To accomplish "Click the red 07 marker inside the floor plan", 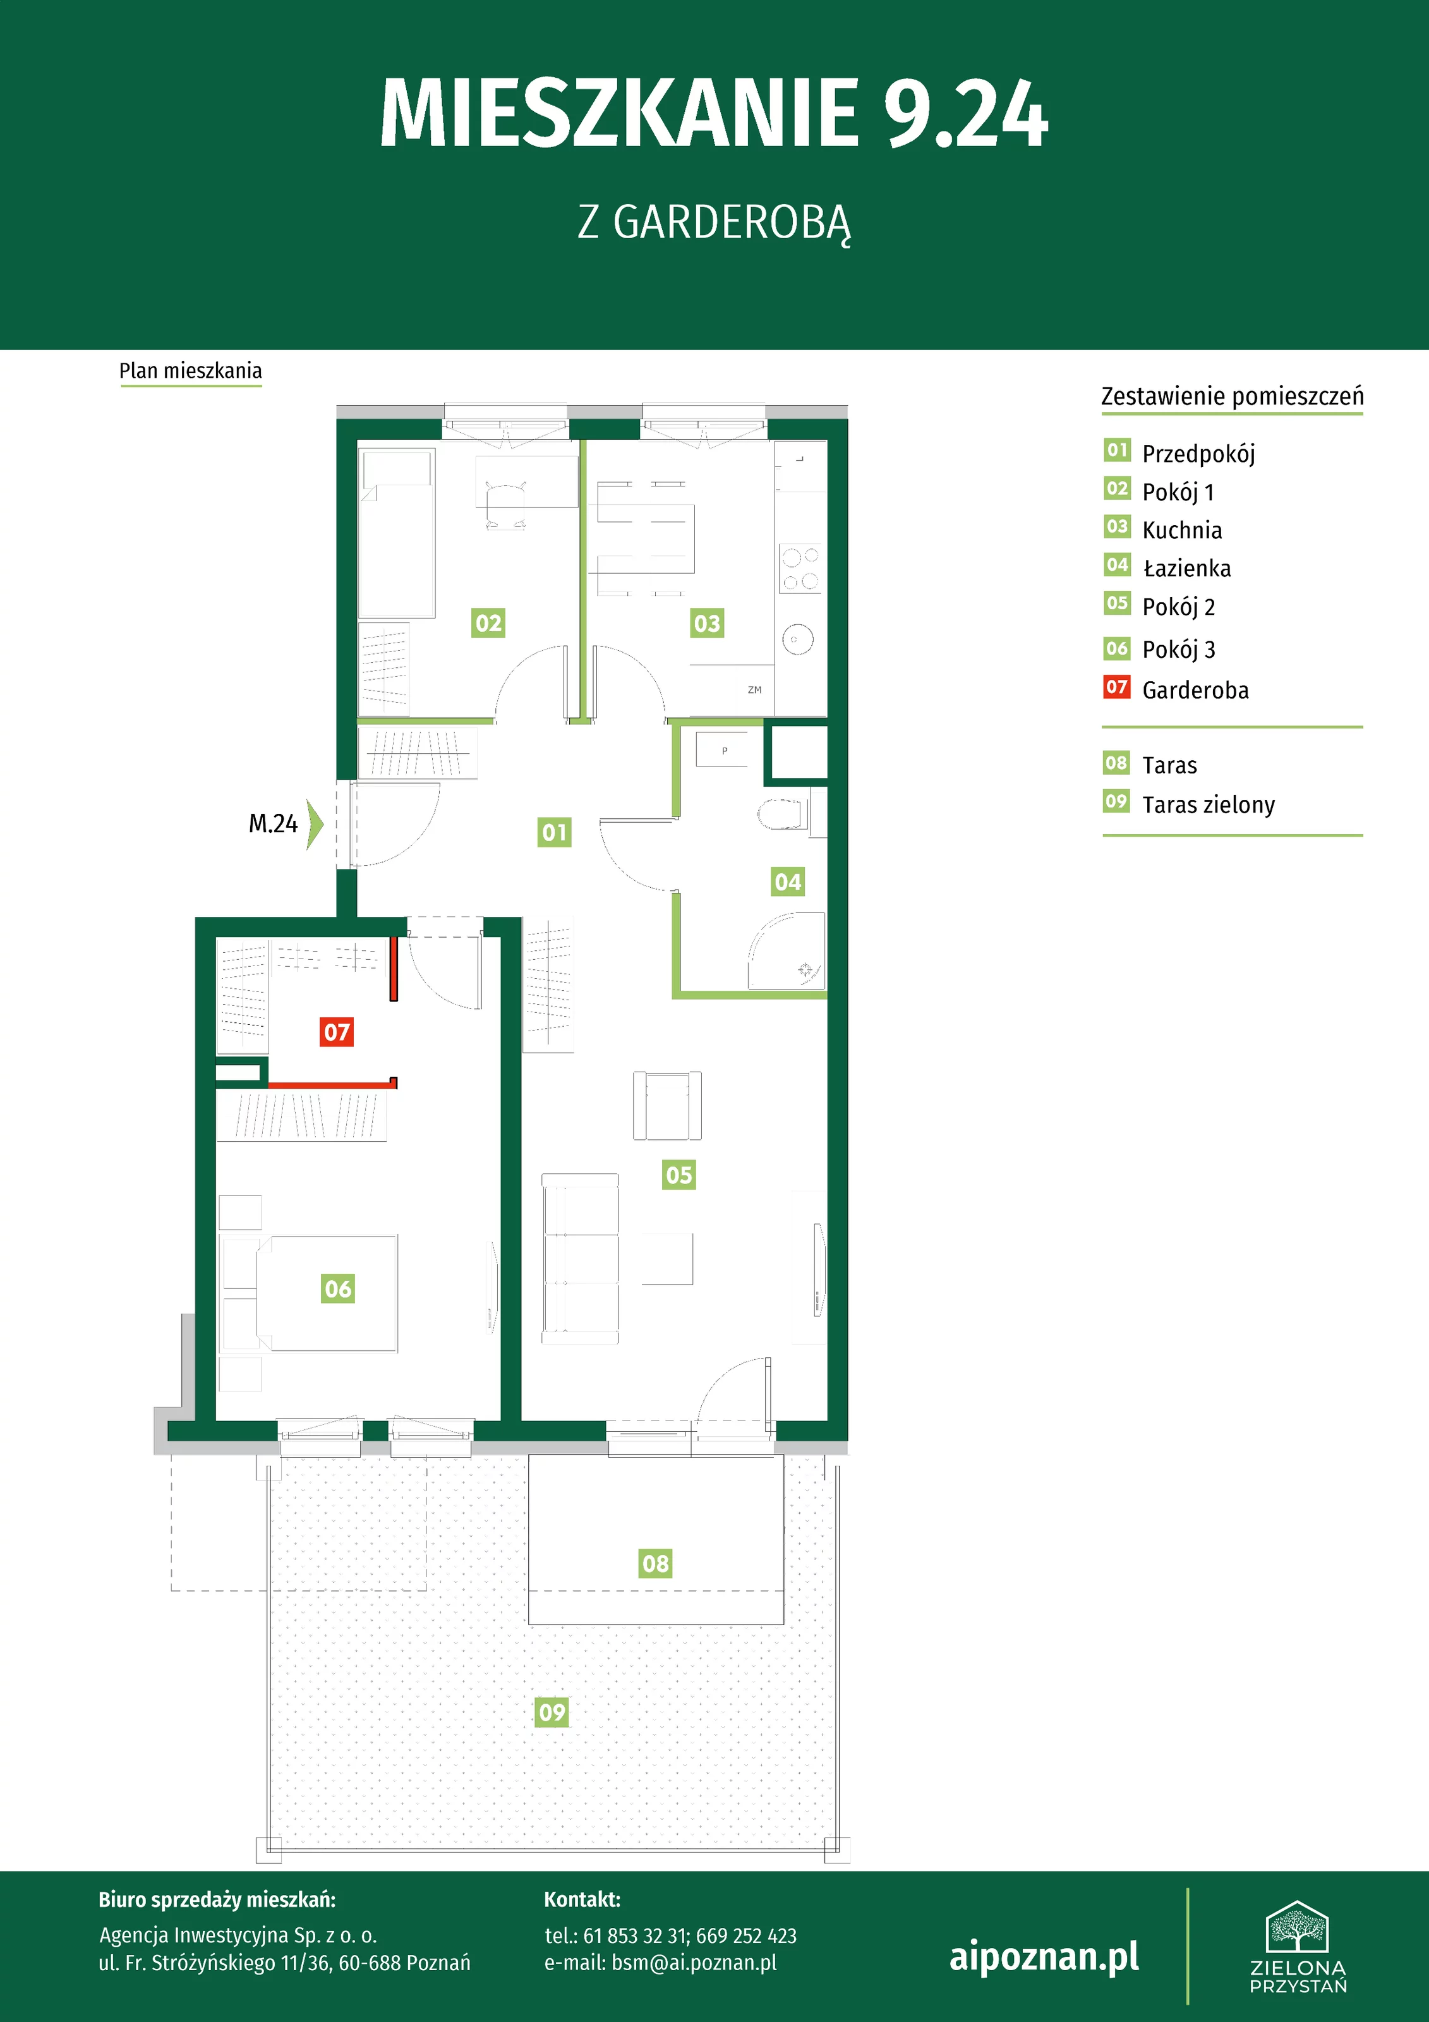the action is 336,1031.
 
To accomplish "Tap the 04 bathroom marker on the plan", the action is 787,881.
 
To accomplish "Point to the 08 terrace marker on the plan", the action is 655,1563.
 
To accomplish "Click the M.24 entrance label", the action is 273,823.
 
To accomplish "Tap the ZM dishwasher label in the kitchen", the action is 754,689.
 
